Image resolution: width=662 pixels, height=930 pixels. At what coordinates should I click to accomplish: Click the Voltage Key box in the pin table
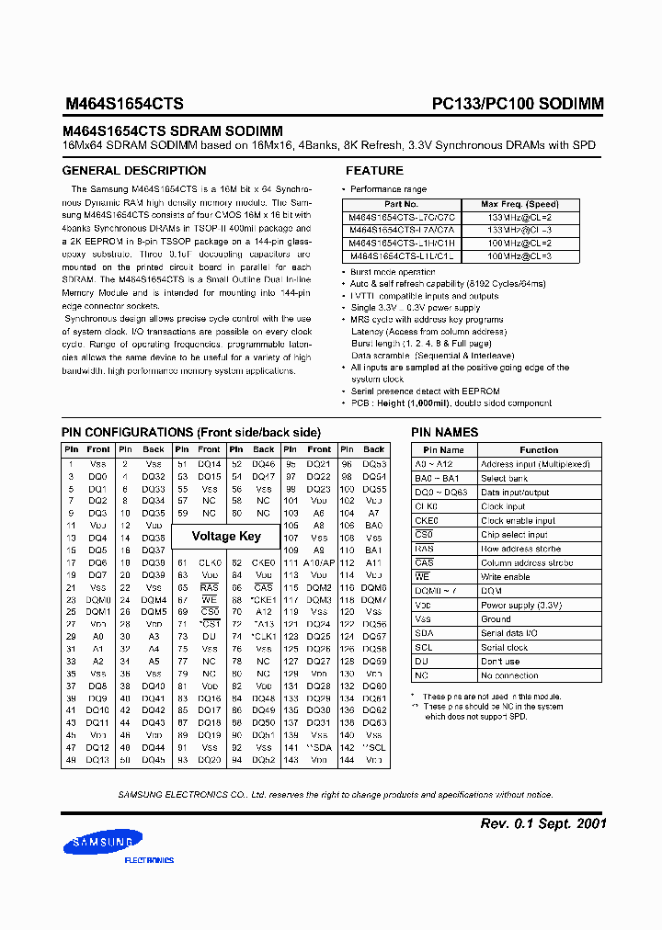click(x=226, y=536)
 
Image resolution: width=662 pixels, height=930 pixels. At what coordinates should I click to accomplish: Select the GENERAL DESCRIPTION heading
click(x=134, y=171)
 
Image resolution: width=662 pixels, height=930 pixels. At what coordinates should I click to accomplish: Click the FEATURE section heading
click(x=374, y=171)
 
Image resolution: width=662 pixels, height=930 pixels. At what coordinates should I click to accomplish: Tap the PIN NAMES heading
click(x=445, y=432)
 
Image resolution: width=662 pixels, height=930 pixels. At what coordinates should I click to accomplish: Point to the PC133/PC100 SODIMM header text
click(x=518, y=104)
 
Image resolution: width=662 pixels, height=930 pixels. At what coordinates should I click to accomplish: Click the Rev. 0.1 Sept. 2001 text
click(x=543, y=823)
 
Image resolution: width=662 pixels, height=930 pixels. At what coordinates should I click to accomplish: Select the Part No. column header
click(x=401, y=204)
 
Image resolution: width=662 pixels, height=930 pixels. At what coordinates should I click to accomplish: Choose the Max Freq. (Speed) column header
click(x=519, y=204)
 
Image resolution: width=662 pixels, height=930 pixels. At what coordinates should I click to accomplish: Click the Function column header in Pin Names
click(x=539, y=450)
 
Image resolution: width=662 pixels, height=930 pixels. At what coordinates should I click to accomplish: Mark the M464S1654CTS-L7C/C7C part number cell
click(x=401, y=217)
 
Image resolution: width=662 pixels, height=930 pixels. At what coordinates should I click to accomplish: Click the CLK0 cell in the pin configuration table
click(x=211, y=562)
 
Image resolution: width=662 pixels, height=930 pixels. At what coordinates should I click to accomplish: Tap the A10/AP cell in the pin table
click(x=319, y=562)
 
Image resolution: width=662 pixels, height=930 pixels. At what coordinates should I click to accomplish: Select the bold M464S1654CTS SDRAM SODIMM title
click(x=172, y=131)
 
